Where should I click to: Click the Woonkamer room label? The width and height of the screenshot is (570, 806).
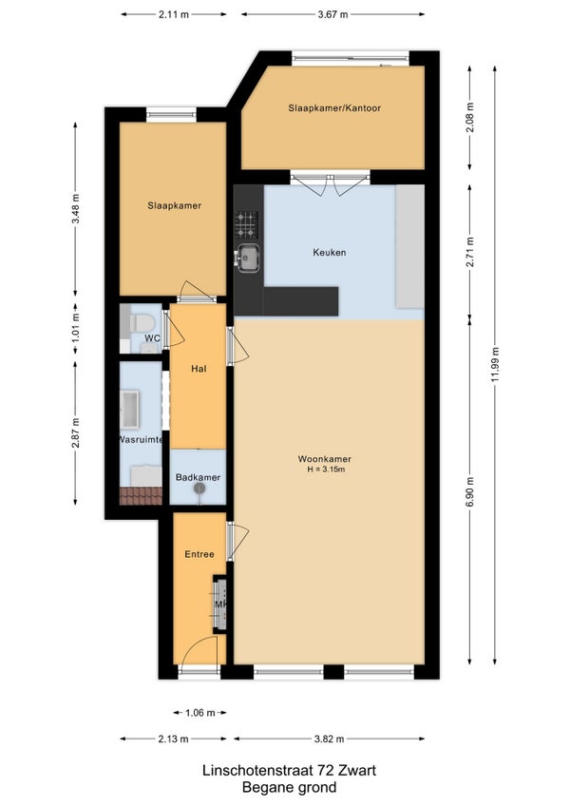[324, 459]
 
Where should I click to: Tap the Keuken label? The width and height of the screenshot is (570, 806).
[330, 253]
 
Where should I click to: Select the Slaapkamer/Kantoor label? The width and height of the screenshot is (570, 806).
[334, 108]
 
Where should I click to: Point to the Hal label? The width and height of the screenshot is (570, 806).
[199, 369]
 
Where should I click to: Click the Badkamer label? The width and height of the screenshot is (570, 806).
[198, 477]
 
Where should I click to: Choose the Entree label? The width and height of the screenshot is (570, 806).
[199, 554]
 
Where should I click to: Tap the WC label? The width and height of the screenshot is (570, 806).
[152, 338]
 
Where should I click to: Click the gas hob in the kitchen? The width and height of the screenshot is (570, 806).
[246, 224]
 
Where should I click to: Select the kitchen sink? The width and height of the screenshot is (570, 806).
[247, 258]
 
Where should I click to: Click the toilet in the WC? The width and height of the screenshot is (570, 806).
[142, 323]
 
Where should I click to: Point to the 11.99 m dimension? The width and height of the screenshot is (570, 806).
[495, 365]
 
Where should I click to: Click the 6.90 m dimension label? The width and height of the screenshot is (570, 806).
[469, 492]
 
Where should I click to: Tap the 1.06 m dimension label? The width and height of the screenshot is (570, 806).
[199, 713]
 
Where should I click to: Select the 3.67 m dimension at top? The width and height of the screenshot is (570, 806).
[333, 14]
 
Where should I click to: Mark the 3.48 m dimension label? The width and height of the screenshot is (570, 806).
[76, 209]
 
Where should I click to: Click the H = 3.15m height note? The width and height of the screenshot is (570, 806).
[326, 470]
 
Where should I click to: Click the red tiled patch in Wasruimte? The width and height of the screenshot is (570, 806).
[141, 496]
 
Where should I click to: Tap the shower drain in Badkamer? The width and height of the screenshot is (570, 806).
[199, 489]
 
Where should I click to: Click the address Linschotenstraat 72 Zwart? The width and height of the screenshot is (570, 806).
[290, 771]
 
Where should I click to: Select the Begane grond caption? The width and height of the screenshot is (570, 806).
[290, 787]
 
